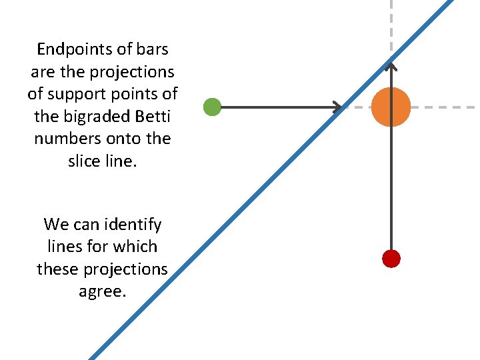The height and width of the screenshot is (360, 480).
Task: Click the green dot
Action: [212, 107]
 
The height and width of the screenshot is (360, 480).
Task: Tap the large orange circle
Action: [391, 107]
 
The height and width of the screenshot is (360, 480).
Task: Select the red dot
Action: [391, 258]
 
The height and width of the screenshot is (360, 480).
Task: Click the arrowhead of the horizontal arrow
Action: [338, 107]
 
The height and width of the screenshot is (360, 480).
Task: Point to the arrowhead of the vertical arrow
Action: [391, 65]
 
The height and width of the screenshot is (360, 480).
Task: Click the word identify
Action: [127, 224]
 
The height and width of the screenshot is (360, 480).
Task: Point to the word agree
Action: [102, 291]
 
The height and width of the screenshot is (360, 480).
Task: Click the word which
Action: [134, 247]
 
